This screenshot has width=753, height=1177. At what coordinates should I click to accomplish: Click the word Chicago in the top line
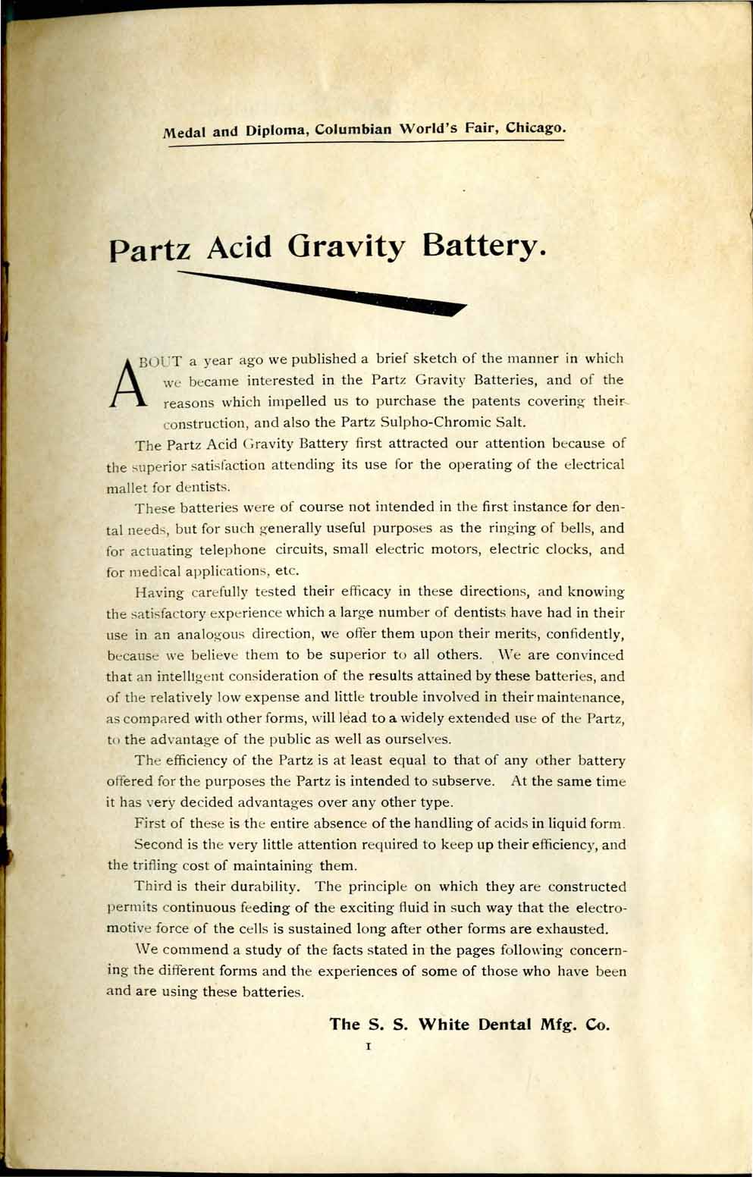click(x=535, y=127)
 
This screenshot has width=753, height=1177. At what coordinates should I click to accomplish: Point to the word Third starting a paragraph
click(x=152, y=887)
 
